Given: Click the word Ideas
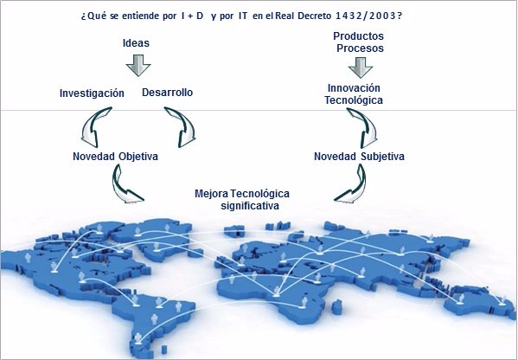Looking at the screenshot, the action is coord(136,43).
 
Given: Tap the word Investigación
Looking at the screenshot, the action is coord(92,93).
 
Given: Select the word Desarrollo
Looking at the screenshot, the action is coord(167,93).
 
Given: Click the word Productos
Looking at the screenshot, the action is coord(358,35).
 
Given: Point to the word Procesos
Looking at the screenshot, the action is coord(360,48).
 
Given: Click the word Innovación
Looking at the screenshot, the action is coord(354,88).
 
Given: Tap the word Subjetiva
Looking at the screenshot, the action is coord(382,156).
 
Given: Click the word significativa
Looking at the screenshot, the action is coord(250,206).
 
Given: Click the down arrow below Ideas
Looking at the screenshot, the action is coord(138,66).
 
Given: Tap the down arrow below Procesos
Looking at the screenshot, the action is coord(361,67).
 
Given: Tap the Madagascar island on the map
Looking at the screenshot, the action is coord(336,305).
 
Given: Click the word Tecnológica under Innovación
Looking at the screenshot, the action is coord(354,100).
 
